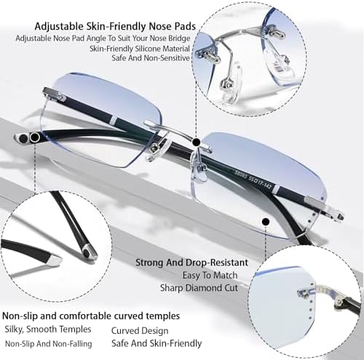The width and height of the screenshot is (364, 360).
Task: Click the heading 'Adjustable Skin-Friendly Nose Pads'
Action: click(115, 26)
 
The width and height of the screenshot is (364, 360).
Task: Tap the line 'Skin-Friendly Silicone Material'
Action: click(140, 49)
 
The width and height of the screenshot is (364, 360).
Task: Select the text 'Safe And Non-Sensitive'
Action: click(151, 58)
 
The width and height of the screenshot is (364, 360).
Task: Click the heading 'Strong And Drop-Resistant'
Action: click(191, 263)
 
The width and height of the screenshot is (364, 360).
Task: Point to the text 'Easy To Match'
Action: click(210, 276)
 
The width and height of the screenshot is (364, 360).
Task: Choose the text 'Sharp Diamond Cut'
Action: click(199, 288)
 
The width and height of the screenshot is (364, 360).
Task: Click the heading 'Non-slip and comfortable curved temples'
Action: click(91, 316)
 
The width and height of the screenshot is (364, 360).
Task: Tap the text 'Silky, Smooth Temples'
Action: click(48, 329)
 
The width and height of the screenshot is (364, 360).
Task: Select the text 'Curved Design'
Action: click(140, 331)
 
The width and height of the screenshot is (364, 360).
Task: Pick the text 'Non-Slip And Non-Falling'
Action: click(49, 344)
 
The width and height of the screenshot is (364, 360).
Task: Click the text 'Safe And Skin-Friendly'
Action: click(157, 343)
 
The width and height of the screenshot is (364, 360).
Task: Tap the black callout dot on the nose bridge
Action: click(196, 142)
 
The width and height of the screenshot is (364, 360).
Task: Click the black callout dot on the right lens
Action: click(266, 222)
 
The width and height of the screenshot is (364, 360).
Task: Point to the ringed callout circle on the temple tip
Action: click(35, 137)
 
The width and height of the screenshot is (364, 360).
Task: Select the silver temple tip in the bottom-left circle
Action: click(89, 252)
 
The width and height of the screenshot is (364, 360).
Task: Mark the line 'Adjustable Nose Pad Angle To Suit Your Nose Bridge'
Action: click(103, 39)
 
